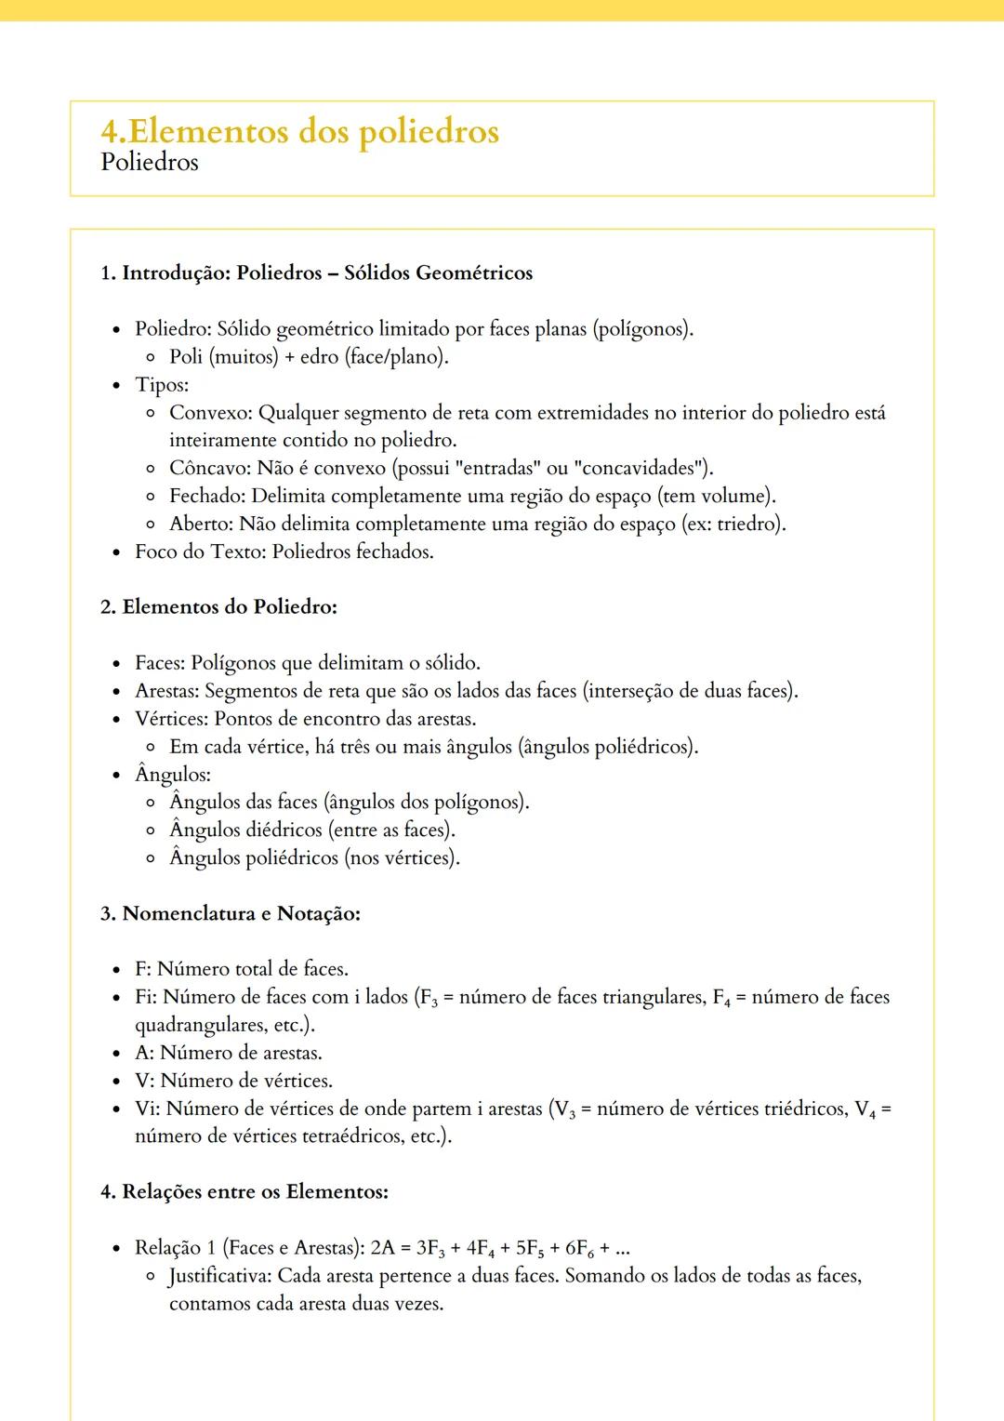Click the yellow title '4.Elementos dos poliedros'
tap(299, 131)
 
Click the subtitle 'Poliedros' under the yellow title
tap(150, 162)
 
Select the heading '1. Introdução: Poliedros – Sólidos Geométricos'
tap(316, 273)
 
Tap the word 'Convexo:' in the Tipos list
tap(211, 413)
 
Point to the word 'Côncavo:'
tap(210, 468)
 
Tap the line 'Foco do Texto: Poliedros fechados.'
tap(284, 551)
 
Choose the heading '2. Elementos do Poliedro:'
tap(218, 607)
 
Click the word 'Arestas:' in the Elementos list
tap(167, 691)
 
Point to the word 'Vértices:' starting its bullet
tap(172, 719)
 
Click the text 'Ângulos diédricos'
tap(245, 830)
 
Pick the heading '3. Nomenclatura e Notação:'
tap(230, 913)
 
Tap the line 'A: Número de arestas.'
tap(228, 1053)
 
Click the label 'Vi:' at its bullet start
tap(147, 1109)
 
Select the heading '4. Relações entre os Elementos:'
tap(244, 1192)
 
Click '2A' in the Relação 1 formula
tap(382, 1248)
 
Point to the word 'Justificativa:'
tap(220, 1276)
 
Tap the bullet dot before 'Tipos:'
tap(116, 385)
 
